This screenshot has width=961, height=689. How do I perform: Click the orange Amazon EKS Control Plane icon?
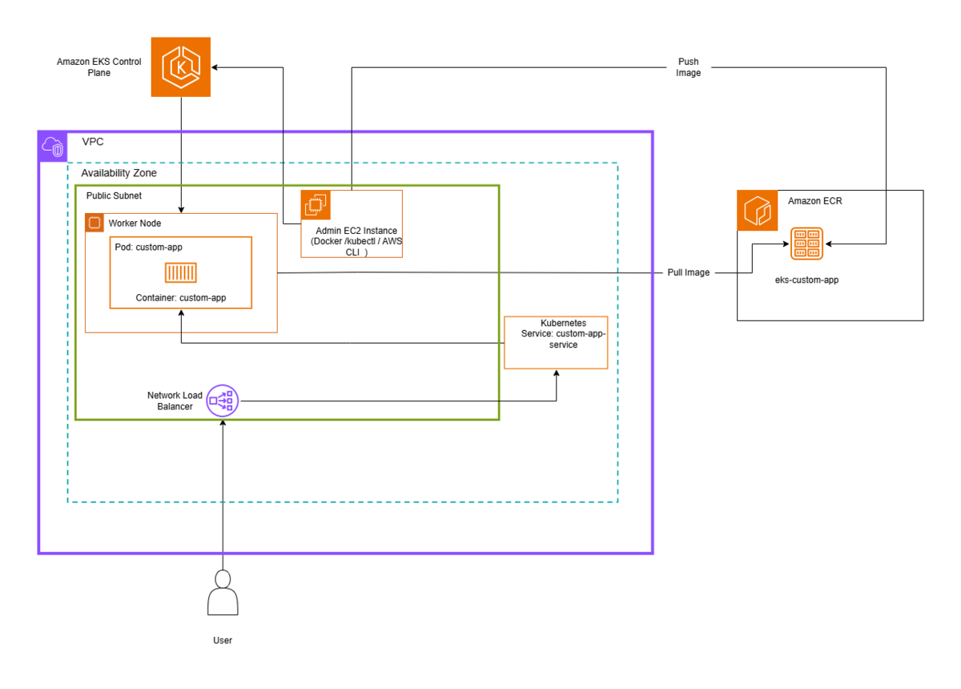[x=181, y=67]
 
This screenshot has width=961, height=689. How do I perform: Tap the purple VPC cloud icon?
[x=53, y=147]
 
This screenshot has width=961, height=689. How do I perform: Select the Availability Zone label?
[x=119, y=173]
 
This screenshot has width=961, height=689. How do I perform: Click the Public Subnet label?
[x=114, y=195]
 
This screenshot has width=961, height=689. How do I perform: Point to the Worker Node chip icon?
[x=94, y=223]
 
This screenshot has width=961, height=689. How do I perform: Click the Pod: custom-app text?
[x=148, y=248]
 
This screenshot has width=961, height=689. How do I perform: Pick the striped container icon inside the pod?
[x=181, y=272]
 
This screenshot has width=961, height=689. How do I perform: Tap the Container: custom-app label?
[x=181, y=298]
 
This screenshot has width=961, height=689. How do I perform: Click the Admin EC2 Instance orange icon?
[x=316, y=205]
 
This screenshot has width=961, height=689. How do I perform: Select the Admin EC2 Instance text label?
[x=356, y=241]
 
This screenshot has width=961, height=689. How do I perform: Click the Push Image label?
[x=688, y=67]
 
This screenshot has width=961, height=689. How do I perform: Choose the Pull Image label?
[x=688, y=272]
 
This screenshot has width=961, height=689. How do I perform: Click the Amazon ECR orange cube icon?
[x=758, y=211]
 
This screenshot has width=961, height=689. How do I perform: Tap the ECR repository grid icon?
[x=806, y=244]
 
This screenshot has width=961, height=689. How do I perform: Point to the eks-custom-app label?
[x=806, y=280]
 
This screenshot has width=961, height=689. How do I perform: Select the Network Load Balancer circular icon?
[x=223, y=401]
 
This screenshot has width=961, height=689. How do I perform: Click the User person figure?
[x=223, y=592]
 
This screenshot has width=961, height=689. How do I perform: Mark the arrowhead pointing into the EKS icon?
[x=215, y=67]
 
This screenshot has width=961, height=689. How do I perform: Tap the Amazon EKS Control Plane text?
[x=99, y=67]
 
